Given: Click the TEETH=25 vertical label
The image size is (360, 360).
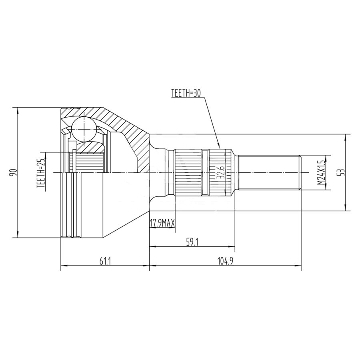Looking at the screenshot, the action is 41,174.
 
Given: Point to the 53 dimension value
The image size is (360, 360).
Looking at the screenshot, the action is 342,172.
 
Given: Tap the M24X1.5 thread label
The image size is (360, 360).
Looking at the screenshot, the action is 322,172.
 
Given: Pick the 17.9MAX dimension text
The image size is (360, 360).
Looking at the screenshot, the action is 162,223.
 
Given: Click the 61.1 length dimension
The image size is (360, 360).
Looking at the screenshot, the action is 105,262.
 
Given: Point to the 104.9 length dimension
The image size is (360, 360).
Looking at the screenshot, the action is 225,262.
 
